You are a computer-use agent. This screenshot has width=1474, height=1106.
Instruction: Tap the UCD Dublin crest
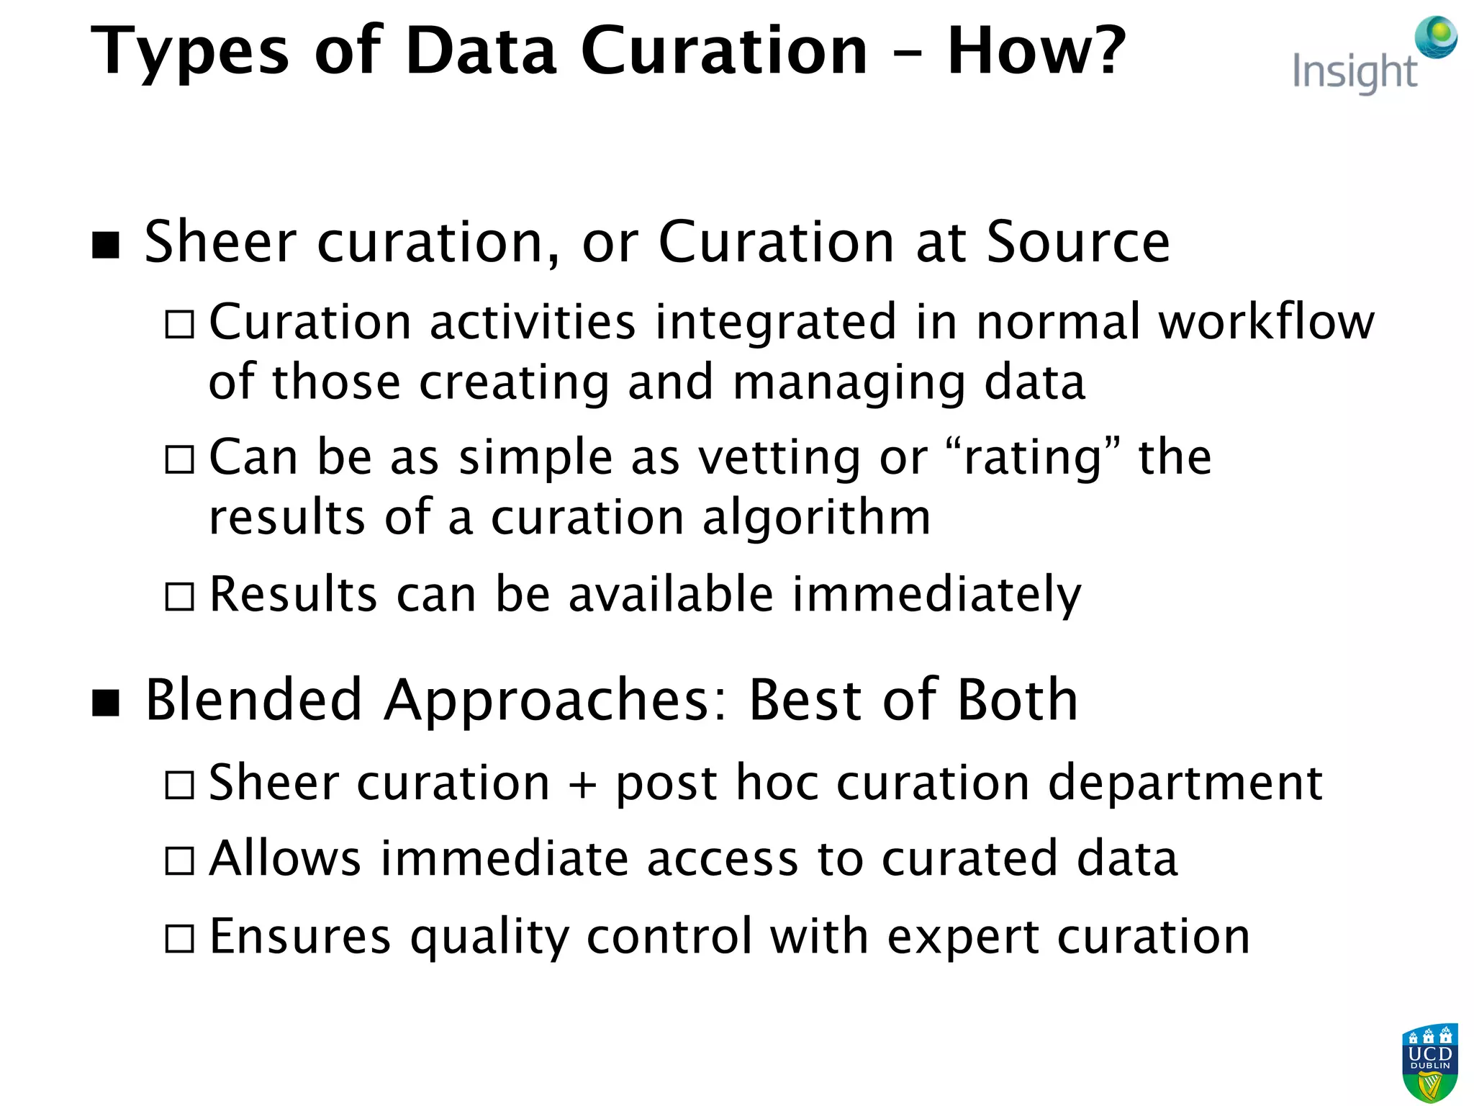(1429, 1062)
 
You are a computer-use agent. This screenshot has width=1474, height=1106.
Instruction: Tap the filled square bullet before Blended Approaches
(107, 703)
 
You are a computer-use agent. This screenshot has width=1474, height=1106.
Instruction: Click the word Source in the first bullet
(1077, 242)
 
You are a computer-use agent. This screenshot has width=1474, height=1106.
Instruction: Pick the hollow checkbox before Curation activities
(179, 324)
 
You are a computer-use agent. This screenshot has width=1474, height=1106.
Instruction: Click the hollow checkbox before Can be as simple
(179, 459)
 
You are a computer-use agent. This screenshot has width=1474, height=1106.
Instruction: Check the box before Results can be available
(179, 596)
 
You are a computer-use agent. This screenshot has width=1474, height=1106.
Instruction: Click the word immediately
(936, 596)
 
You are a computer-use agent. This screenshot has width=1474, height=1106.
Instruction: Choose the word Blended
(253, 700)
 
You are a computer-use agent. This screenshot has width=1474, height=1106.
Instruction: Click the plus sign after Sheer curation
(582, 783)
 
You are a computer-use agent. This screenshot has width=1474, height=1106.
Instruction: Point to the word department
(1185, 783)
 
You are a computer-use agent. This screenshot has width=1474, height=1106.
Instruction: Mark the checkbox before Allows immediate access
(179, 860)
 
